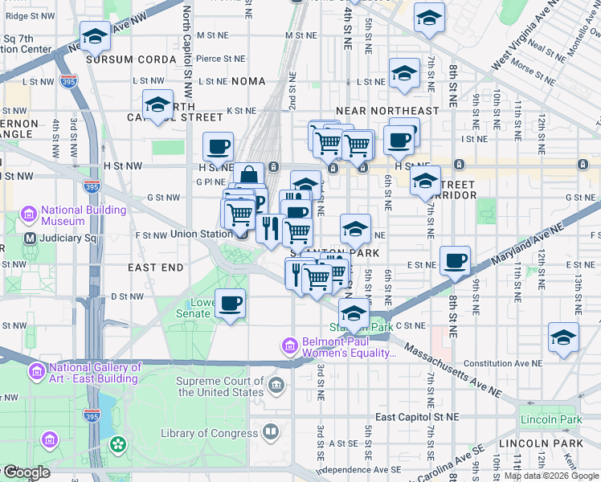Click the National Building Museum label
pos(84,215)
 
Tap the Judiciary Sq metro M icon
pos(30,239)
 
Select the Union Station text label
pos(200,235)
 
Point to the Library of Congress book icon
pos(271,433)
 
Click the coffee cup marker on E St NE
pos(455,261)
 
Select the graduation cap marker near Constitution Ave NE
pos(563,338)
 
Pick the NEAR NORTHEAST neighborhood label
pos(387,111)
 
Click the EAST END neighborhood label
pos(156,267)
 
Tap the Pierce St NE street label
pos(220,59)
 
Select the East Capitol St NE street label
pos(416,417)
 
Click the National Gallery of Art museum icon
pos(36,372)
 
